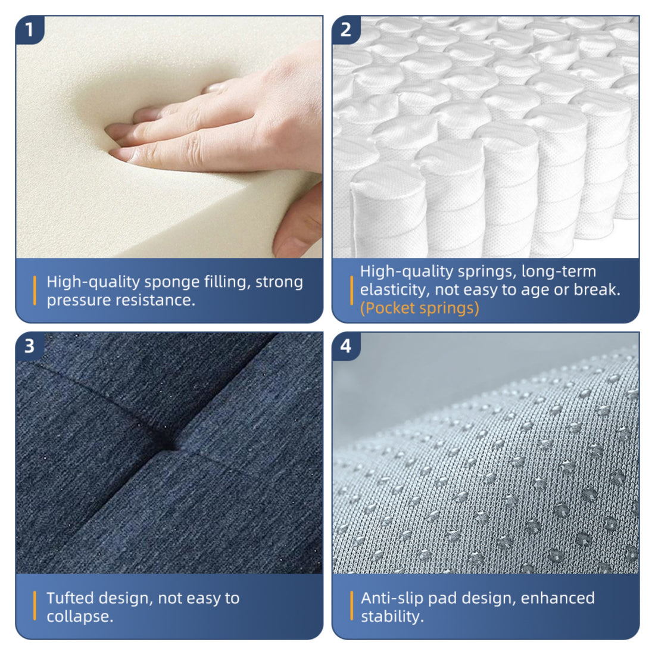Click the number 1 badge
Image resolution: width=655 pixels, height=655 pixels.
(x=29, y=29)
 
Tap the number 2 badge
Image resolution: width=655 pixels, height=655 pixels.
(x=346, y=29)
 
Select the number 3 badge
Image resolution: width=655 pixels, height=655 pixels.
(x=29, y=345)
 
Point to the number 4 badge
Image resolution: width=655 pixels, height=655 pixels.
(x=346, y=345)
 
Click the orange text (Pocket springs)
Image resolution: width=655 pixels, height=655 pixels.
(x=419, y=308)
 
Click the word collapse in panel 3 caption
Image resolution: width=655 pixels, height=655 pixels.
(x=78, y=616)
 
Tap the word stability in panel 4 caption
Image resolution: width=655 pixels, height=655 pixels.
(x=391, y=616)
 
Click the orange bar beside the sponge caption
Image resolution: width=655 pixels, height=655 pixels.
(x=35, y=291)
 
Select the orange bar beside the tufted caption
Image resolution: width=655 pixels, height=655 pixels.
(x=35, y=607)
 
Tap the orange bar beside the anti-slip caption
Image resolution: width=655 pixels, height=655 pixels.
(x=351, y=607)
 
